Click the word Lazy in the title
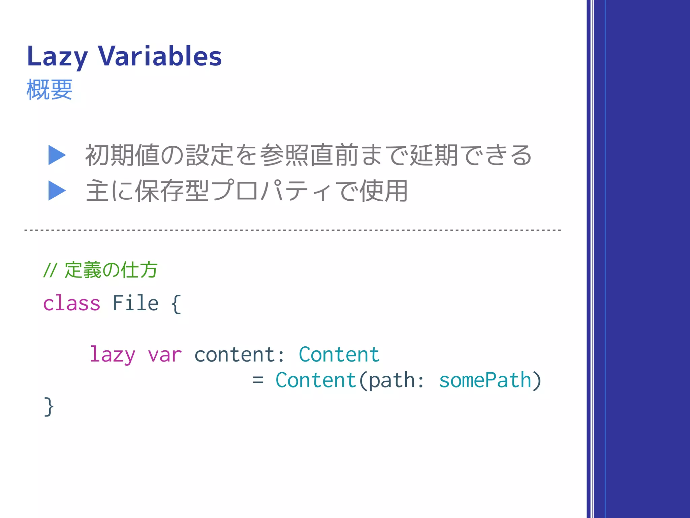coord(57,57)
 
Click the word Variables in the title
coord(160,56)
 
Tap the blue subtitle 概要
coord(49,90)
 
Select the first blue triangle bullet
coord(57,155)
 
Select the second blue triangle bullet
coord(57,191)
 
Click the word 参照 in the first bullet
coord(284,155)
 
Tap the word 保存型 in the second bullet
coord(172,191)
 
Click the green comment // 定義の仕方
coord(100,270)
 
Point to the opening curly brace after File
coord(176,304)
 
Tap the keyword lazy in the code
coord(113,355)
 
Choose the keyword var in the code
coord(165,355)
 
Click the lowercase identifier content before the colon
coord(234,355)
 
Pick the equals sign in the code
coord(258,380)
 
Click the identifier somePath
coord(485,380)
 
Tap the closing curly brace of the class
coord(49,407)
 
